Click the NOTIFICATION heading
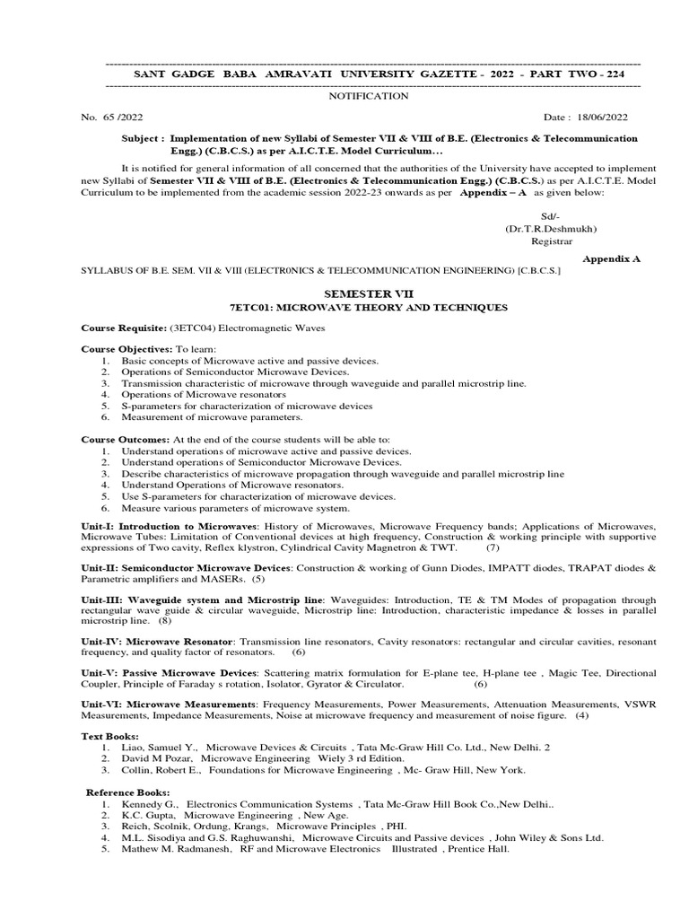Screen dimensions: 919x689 (370, 95)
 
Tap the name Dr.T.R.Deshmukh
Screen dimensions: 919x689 (551, 228)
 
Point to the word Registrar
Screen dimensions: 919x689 (551, 241)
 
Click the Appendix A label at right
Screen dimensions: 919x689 (612, 257)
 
